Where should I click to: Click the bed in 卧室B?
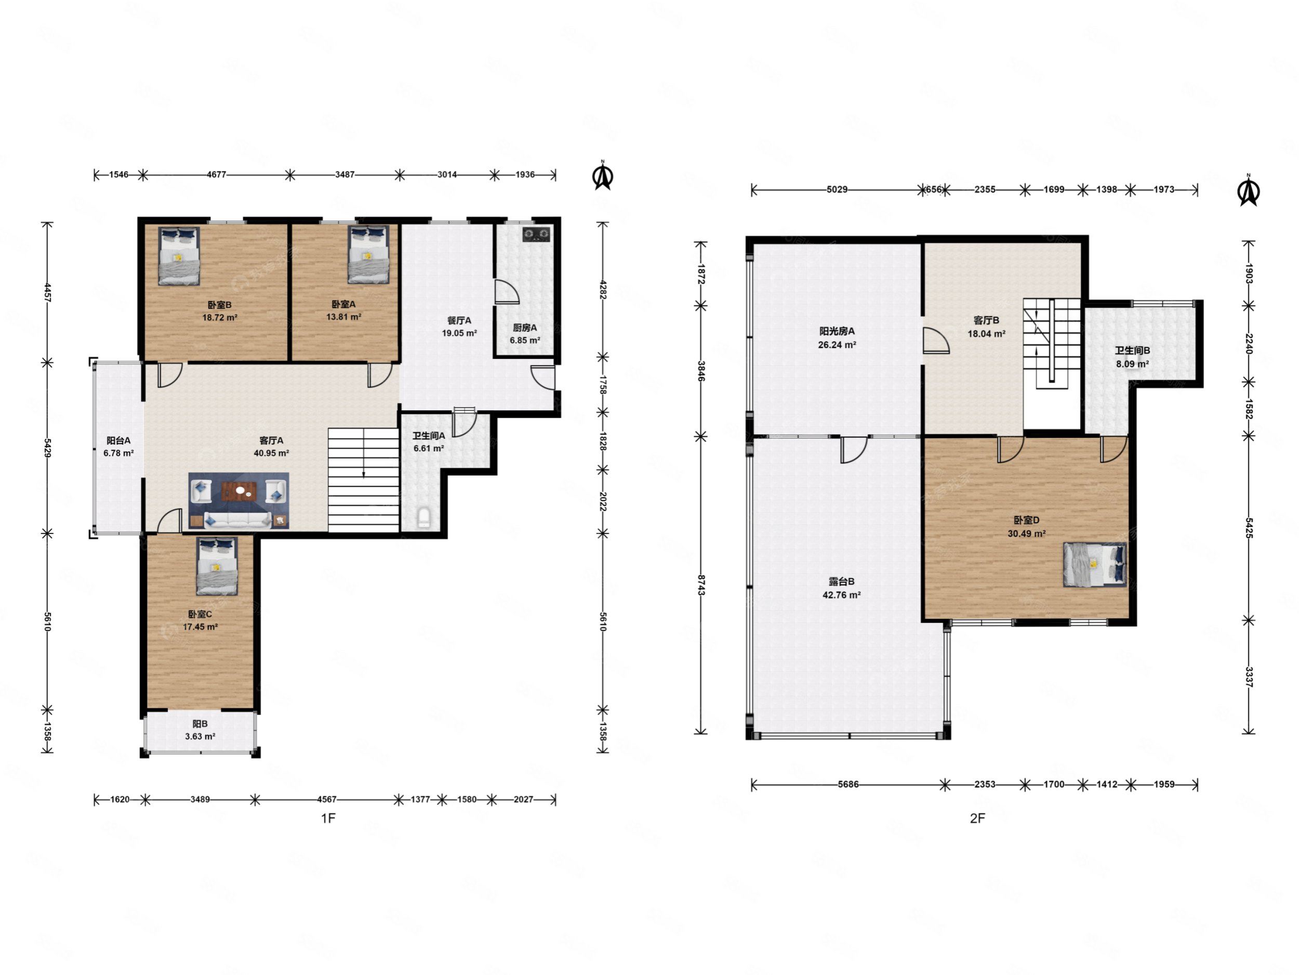[x=179, y=256]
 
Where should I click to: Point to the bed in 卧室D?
[x=1095, y=565]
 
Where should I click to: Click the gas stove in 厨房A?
[x=537, y=235]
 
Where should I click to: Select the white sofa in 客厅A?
[x=238, y=520]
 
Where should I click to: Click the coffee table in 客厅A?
[x=240, y=491]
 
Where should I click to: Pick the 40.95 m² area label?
[x=271, y=453]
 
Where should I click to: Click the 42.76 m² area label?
[x=842, y=595]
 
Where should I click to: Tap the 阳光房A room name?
[x=837, y=331]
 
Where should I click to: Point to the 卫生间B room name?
[x=1133, y=351]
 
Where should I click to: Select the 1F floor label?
[x=328, y=818]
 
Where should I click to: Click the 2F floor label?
[x=977, y=818]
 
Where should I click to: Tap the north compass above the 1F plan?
[x=603, y=175]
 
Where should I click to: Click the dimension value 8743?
[x=700, y=586]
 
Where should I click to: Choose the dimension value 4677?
[x=217, y=175]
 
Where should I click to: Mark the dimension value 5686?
[x=848, y=785]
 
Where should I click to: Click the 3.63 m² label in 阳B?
[x=200, y=736]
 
